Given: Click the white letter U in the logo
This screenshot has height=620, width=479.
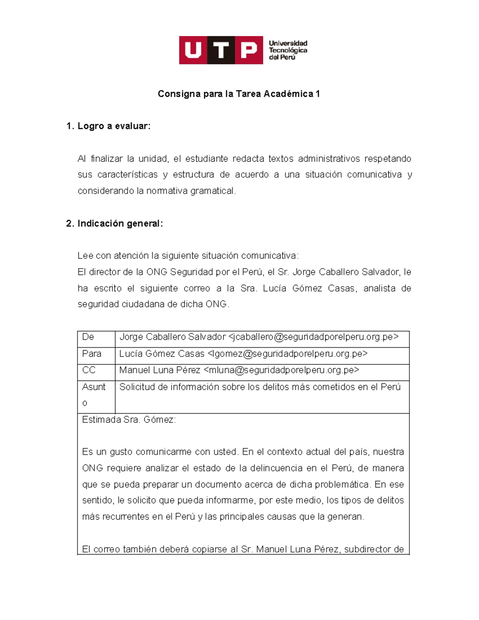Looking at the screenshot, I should click(193, 50).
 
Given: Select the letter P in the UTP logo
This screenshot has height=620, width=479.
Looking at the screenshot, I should click(249, 50).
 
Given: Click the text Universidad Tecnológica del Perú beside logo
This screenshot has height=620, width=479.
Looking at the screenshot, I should click(288, 50).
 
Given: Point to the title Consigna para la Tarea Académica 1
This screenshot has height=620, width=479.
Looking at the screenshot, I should click(239, 94).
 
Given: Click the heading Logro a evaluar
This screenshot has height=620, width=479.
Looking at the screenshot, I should click(114, 126).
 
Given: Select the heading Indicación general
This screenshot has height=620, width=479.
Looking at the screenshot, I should click(120, 224).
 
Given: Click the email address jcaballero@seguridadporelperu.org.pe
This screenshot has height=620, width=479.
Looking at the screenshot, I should click(313, 337).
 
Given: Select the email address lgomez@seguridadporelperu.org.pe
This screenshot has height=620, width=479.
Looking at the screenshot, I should click(287, 354).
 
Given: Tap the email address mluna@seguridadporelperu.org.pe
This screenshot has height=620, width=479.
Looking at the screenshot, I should click(281, 370).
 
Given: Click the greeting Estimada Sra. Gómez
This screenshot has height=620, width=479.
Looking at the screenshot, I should click(129, 420).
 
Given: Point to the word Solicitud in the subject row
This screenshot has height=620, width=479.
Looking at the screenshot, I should click(137, 387).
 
